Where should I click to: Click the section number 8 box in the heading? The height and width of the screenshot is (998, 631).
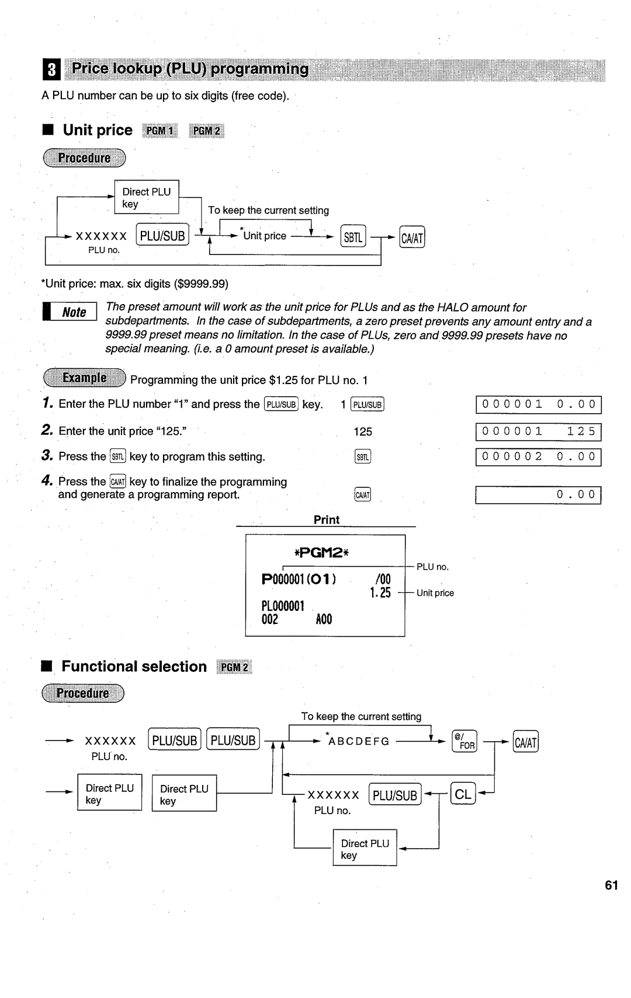coord(51,70)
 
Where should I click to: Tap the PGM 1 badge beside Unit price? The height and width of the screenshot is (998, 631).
coord(160,131)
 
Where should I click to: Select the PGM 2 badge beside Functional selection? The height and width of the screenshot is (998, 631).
coord(234,667)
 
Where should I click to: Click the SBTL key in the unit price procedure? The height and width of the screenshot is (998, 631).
coord(353,236)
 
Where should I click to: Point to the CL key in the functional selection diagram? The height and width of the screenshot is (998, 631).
coord(463,794)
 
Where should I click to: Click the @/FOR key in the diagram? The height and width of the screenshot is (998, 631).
coord(464,741)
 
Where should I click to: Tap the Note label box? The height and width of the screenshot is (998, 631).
coord(70,312)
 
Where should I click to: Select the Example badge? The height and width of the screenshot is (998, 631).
coord(84,378)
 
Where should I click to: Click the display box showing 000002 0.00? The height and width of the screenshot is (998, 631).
coord(538,457)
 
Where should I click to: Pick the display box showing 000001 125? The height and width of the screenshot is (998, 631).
coord(538,432)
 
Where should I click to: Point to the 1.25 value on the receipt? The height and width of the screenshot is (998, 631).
coord(380,593)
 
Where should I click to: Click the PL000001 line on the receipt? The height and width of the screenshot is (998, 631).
coord(283,606)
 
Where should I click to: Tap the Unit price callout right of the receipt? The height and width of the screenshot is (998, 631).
coord(435,593)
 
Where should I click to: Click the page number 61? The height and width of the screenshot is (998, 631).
coord(611,886)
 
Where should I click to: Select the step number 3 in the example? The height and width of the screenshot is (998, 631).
coord(47,456)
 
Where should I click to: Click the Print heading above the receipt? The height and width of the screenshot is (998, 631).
coord(326,520)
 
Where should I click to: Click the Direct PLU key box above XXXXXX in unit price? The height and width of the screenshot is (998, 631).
coord(146,197)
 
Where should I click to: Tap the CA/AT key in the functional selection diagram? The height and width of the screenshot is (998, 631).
coord(525,742)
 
